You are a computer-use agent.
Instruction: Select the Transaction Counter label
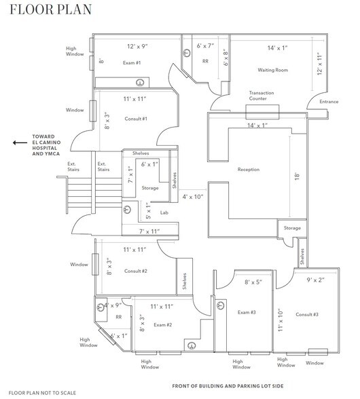click(266, 95)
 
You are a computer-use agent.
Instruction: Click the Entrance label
click(329, 102)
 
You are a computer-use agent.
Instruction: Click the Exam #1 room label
click(132, 62)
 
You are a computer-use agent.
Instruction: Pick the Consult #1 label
click(136, 118)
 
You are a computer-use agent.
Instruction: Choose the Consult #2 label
click(136, 271)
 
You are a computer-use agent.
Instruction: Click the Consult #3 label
click(307, 315)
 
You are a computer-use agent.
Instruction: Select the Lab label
click(164, 212)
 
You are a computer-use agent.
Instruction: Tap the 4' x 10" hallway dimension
click(194, 197)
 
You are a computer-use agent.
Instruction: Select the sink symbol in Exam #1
click(140, 83)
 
